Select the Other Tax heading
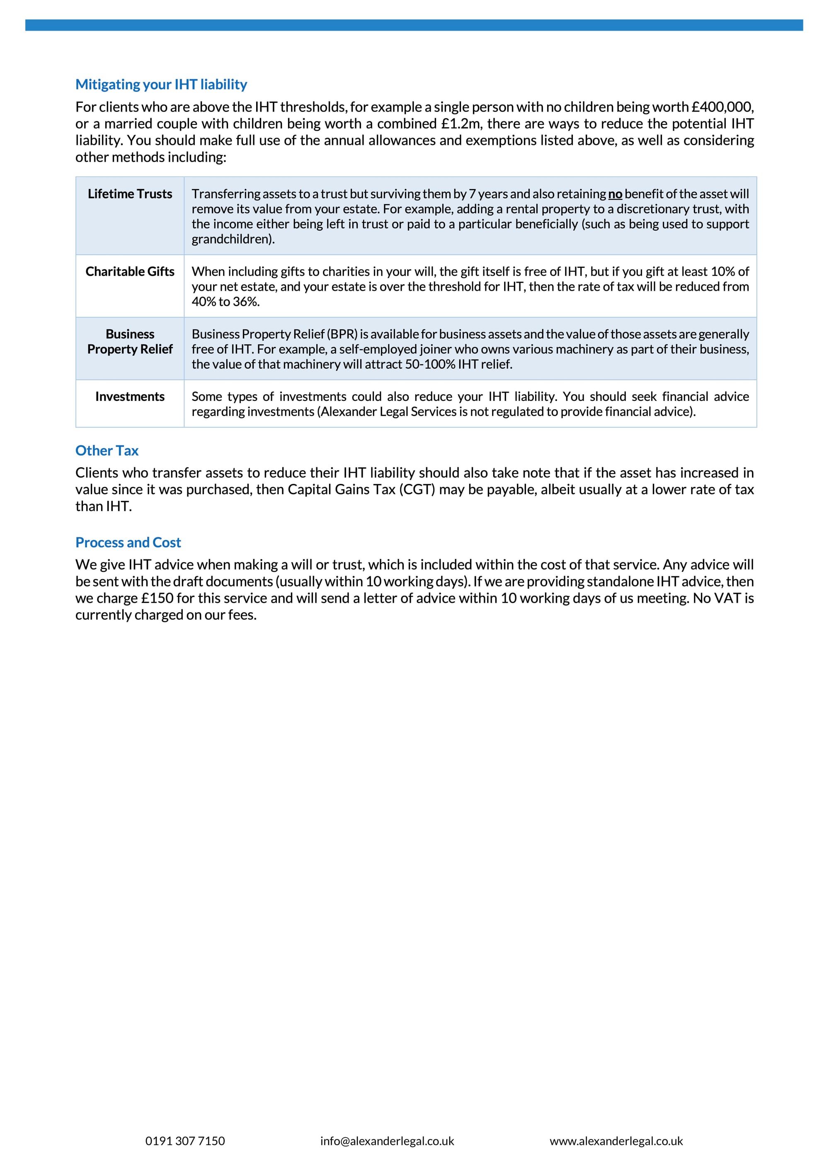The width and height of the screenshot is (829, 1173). click(x=107, y=451)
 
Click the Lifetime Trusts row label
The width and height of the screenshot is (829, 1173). click(x=130, y=194)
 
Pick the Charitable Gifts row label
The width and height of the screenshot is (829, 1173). click(x=130, y=272)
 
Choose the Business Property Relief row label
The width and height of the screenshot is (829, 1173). click(x=130, y=342)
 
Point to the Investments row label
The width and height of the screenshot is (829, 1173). click(x=130, y=397)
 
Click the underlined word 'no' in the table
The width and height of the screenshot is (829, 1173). click(x=615, y=194)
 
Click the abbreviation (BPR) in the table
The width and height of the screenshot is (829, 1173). click(x=342, y=334)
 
